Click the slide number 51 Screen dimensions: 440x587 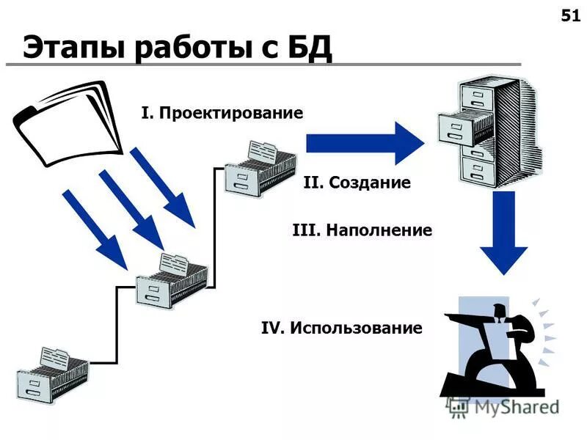click(569, 17)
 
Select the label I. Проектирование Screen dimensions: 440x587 click(222, 113)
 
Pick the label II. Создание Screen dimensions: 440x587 click(357, 182)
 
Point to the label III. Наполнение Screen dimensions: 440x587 click(362, 230)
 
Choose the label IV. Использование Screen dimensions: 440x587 click(341, 328)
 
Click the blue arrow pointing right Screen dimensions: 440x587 click(363, 142)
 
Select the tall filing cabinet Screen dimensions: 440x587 click(488, 132)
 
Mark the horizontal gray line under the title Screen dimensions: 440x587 click(264, 66)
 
